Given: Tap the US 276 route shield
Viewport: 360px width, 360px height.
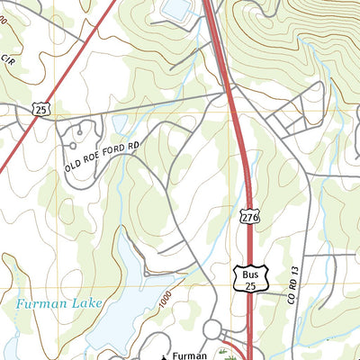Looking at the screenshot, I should click(249, 216).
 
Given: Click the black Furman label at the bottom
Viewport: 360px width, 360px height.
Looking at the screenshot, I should click(191, 345).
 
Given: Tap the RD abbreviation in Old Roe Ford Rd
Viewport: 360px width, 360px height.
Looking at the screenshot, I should click(133, 142).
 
